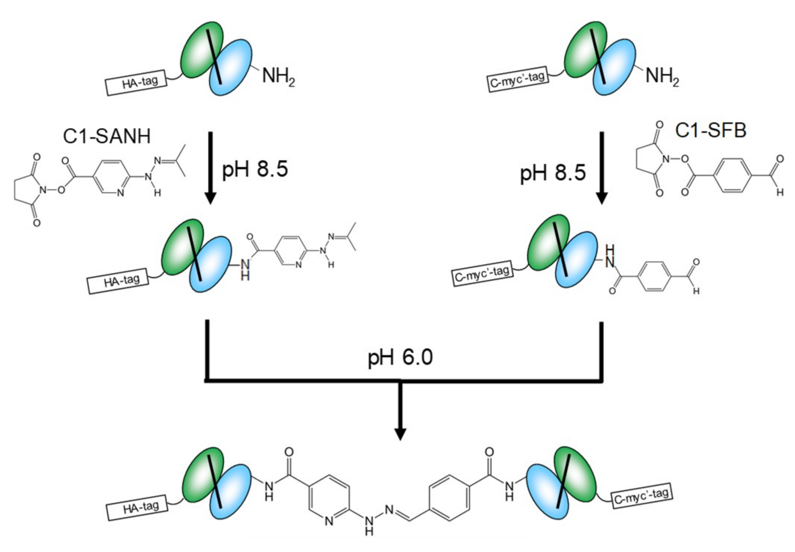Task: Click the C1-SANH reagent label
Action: (x=107, y=136)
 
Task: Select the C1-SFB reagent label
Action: (x=710, y=131)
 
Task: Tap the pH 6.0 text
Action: (x=400, y=357)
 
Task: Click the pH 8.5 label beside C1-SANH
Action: (x=255, y=169)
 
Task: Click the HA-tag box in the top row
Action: (x=137, y=83)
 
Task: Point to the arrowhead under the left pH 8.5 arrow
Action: (x=210, y=198)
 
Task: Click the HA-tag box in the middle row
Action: (x=118, y=281)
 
